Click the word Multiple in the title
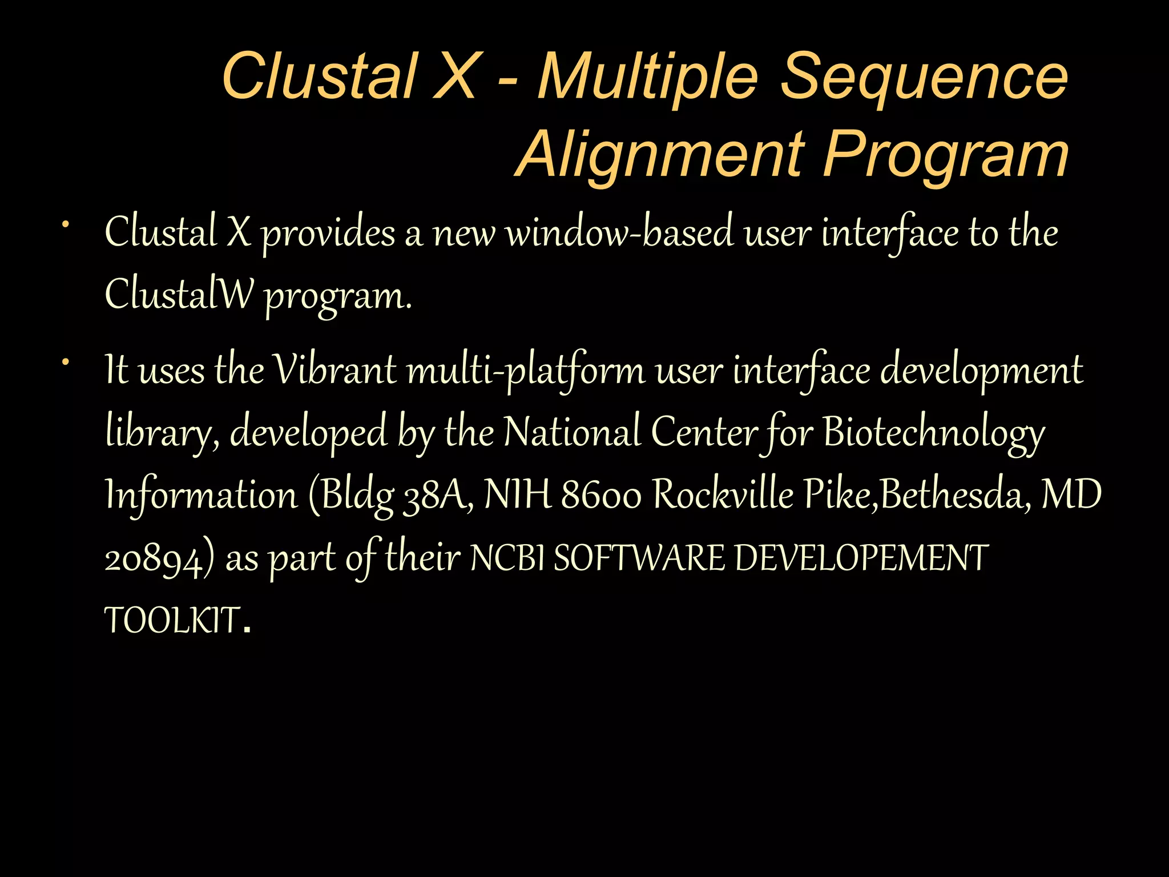pos(648,77)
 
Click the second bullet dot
pos(66,361)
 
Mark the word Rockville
pos(723,494)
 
